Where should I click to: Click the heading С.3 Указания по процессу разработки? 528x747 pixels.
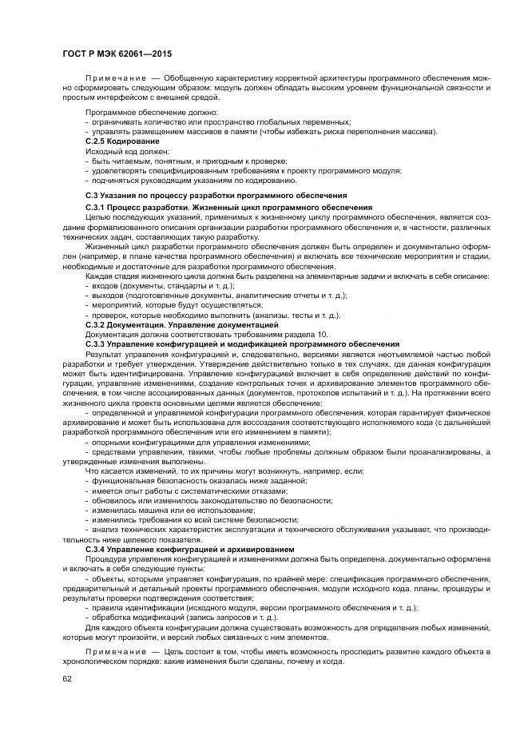tap(216, 194)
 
